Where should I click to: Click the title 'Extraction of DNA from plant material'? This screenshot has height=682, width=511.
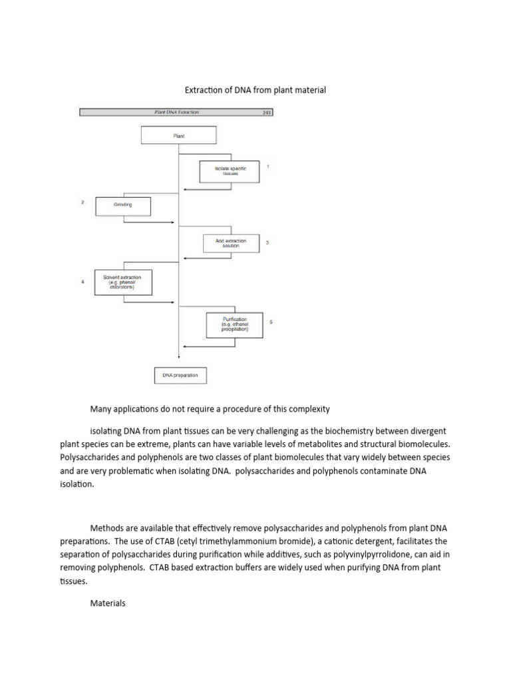[x=255, y=90]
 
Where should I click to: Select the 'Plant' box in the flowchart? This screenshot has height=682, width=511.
[x=178, y=135]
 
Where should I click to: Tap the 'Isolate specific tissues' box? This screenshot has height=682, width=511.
[x=230, y=171]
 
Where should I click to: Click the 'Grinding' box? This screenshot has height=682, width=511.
[x=123, y=205]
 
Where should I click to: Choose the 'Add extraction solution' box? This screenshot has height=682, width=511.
[x=231, y=243]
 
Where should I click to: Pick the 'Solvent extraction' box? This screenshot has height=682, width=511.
[x=124, y=281]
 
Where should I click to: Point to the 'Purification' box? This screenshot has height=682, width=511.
[x=235, y=324]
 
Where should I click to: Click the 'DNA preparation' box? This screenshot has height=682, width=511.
[x=180, y=376]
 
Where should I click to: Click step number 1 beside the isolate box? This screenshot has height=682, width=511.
[x=267, y=167]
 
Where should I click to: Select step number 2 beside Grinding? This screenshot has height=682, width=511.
[x=83, y=202]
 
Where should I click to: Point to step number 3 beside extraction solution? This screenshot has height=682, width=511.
[x=267, y=243]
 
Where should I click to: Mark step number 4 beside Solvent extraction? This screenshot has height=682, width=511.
[x=83, y=282]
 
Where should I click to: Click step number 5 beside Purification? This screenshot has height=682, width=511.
[x=271, y=322]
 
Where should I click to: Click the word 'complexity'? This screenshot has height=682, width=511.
[x=307, y=408]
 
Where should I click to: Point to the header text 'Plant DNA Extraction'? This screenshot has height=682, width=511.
[x=172, y=113]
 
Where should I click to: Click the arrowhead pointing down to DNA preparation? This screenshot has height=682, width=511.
[x=178, y=358]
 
